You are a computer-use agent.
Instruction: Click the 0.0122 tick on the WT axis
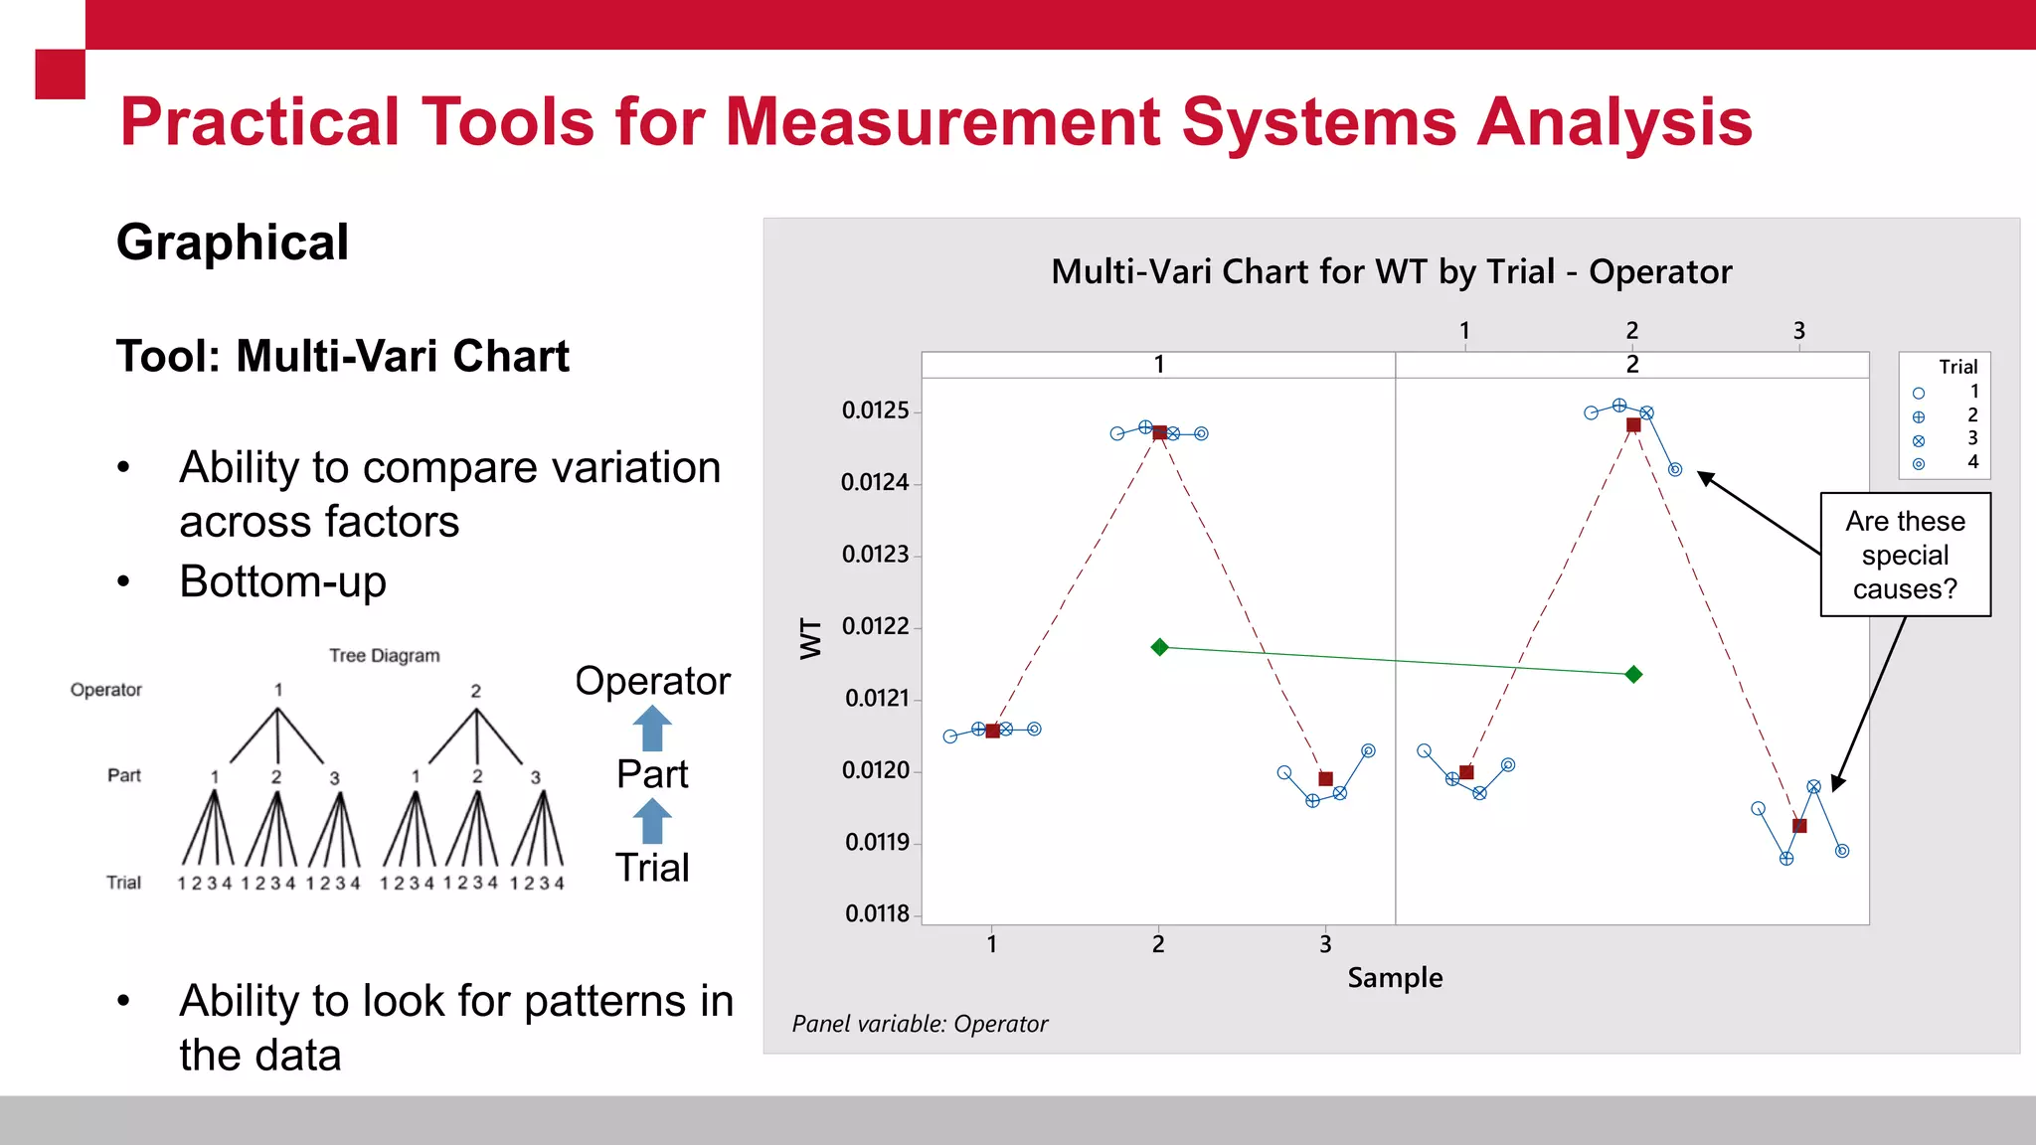tap(876, 626)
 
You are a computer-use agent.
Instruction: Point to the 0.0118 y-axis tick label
tap(876, 913)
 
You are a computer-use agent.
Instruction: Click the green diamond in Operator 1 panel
tap(1159, 647)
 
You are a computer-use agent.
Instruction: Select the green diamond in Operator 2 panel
tap(1633, 675)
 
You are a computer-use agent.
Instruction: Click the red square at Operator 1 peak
tap(1159, 432)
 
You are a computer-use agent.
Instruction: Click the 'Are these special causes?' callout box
tap(1905, 555)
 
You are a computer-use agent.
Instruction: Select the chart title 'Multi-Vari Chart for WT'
tap(1391, 271)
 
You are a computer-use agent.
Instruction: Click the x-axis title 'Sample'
tap(1395, 978)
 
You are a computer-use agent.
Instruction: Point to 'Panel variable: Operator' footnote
tap(920, 1024)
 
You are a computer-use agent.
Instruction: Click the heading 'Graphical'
tap(233, 243)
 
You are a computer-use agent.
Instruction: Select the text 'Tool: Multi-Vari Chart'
tap(343, 356)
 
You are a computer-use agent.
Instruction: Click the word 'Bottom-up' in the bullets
tap(282, 581)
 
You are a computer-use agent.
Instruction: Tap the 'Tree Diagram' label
tap(384, 656)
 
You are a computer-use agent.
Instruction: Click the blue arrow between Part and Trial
tap(652, 822)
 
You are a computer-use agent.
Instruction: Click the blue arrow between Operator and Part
tap(652, 729)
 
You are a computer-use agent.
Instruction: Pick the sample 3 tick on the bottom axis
tap(1325, 943)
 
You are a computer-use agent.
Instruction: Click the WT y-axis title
tap(811, 638)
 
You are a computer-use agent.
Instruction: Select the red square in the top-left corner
tap(60, 74)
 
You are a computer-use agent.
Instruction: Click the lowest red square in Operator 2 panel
tap(1799, 826)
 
